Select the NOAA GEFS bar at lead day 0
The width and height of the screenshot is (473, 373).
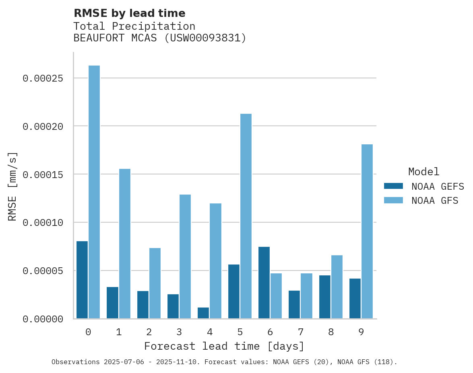coord(82,280)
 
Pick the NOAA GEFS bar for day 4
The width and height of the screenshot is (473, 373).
coord(203,313)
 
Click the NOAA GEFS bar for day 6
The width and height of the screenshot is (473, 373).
coord(264,283)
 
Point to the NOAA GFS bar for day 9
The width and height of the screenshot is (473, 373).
coord(367,232)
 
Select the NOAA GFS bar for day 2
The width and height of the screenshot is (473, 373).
coord(155,283)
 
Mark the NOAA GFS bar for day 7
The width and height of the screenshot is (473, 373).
coord(306,296)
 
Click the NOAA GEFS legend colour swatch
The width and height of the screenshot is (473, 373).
coord(393,186)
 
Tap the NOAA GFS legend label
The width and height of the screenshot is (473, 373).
coord(435,201)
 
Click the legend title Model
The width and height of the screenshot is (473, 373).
coord(423,172)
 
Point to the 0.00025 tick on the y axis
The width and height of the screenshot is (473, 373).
coord(43,78)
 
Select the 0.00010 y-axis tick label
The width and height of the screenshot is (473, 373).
coord(43,223)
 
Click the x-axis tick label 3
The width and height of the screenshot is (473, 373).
coord(179,332)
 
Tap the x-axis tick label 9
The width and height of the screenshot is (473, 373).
coord(361,332)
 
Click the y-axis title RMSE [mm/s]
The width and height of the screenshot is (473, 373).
coord(12,186)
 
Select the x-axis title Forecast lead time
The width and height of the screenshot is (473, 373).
coord(224,346)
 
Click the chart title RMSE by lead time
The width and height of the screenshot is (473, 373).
coord(130,13)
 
